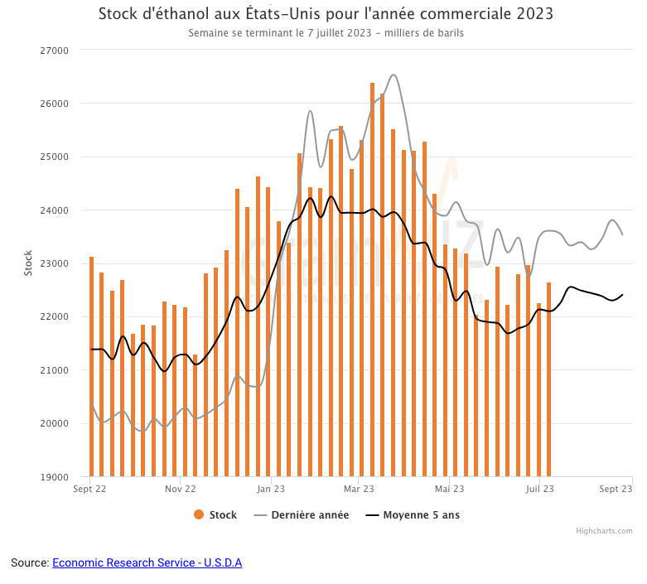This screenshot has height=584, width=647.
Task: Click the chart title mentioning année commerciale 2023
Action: pyautogui.click(x=326, y=14)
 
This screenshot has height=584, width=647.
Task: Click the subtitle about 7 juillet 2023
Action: pyautogui.click(x=326, y=33)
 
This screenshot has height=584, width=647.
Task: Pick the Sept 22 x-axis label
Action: pyautogui.click(x=90, y=490)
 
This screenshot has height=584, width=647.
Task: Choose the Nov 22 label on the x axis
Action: pyautogui.click(x=180, y=490)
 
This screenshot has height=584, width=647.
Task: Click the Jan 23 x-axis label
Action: pyautogui.click(x=271, y=490)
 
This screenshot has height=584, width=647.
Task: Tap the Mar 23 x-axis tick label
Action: pyautogui.click(x=358, y=490)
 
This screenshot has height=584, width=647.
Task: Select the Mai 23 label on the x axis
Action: pyautogui.click(x=448, y=490)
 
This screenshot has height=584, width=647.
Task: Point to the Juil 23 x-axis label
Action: pyautogui.click(x=539, y=490)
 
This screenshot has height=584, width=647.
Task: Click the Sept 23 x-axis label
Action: pyautogui.click(x=616, y=490)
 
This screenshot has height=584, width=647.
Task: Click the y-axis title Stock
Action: pyautogui.click(x=28, y=263)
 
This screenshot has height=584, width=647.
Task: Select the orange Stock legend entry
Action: pyautogui.click(x=216, y=515)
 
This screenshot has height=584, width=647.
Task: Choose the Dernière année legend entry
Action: pyautogui.click(x=302, y=515)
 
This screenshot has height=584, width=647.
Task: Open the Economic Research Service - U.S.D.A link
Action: pyautogui.click(x=147, y=563)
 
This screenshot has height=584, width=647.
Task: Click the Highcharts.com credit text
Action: pyautogui.click(x=604, y=531)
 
